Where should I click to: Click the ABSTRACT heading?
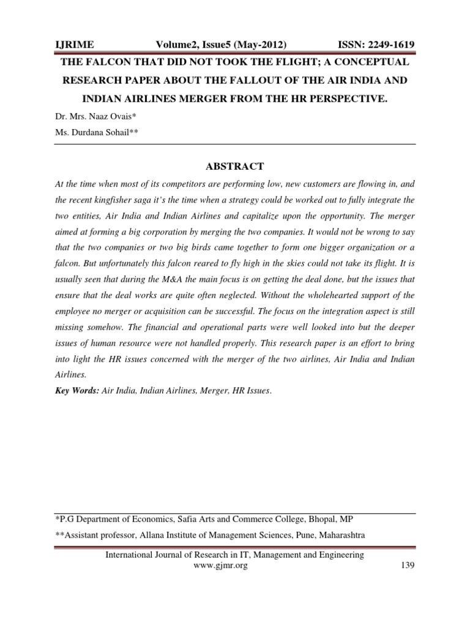[x=236, y=166]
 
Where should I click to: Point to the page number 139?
[x=406, y=566]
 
